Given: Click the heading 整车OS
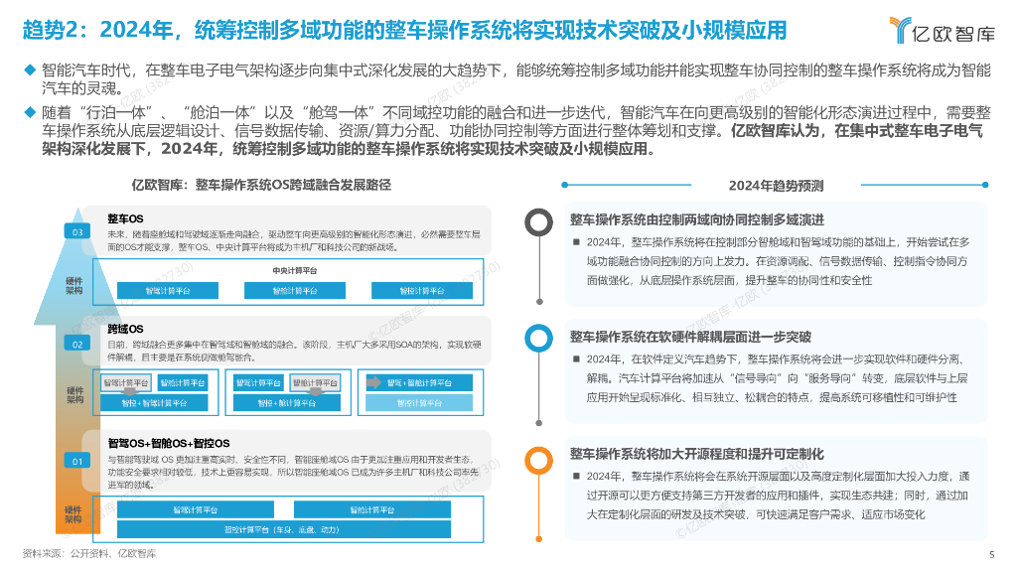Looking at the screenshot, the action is click(126, 217).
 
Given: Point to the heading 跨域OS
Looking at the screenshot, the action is click(126, 329).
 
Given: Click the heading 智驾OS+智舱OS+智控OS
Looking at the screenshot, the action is click(169, 443).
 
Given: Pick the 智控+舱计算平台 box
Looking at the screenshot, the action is click(281, 403).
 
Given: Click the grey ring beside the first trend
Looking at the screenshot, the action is click(538, 222).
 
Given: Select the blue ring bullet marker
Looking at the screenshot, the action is click(538, 339).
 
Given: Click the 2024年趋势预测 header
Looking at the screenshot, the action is click(776, 186).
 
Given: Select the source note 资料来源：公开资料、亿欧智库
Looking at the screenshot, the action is click(89, 553).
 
